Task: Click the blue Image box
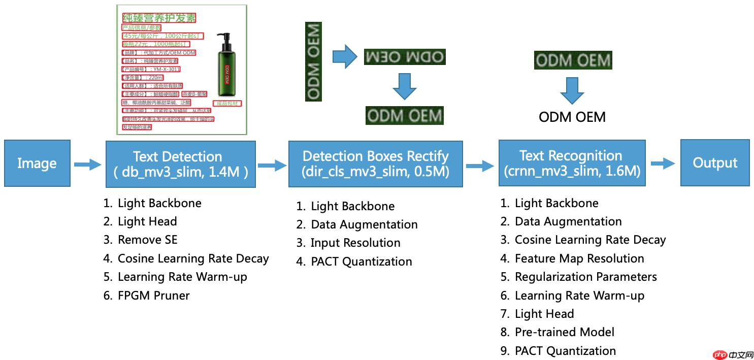point(37,163)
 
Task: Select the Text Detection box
point(180,164)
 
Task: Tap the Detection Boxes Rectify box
point(375,163)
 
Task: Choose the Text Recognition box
point(572,163)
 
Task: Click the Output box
point(715,162)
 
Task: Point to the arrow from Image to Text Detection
point(87,164)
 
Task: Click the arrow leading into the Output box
point(663,163)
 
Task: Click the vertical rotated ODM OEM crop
point(314,60)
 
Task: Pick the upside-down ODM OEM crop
point(404,57)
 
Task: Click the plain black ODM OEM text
point(572,117)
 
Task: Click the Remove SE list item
point(147,240)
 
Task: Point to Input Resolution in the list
point(355,243)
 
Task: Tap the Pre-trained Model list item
point(564,332)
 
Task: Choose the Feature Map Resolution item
point(579,258)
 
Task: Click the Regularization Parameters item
point(585,277)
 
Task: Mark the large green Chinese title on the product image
point(159,18)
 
